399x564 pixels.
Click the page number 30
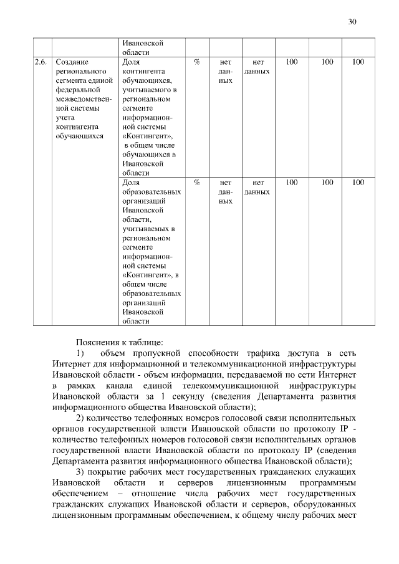352,22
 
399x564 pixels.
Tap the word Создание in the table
72,63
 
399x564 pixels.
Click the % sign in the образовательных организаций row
197,183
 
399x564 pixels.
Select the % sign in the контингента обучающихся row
197,63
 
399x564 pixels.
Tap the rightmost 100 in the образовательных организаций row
358,183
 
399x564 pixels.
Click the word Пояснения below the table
99,342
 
